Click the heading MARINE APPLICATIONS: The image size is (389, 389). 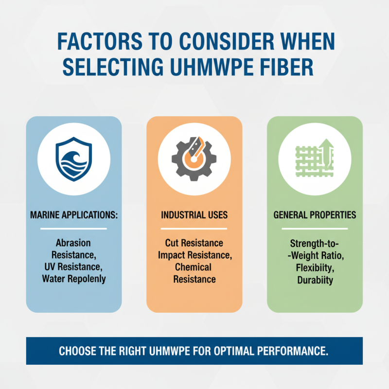click(x=73, y=215)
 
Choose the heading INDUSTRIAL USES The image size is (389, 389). click(x=194, y=215)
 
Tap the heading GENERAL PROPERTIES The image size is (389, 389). click(x=315, y=215)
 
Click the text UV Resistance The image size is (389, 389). click(x=73, y=266)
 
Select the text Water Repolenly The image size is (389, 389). click(x=73, y=279)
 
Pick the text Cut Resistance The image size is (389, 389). click(x=194, y=242)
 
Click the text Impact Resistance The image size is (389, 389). click(x=194, y=254)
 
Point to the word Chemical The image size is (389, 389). click(x=194, y=267)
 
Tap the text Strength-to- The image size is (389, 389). click(x=315, y=242)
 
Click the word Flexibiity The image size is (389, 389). click(x=315, y=267)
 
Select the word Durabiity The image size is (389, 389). click(x=315, y=280)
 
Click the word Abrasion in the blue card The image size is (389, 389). click(x=73, y=242)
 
